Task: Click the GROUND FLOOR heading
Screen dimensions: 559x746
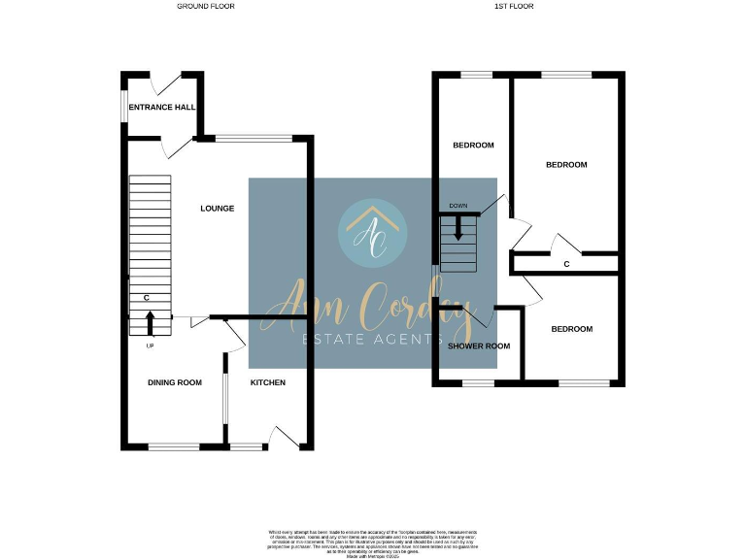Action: [x=205, y=6]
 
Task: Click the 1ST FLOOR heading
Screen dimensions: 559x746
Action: [x=514, y=6]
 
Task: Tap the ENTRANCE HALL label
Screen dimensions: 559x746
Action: [x=162, y=108]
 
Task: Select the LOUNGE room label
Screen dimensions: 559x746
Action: [x=218, y=208]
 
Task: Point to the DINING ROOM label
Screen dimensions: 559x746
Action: [x=175, y=382]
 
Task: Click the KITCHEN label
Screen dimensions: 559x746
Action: [x=268, y=382]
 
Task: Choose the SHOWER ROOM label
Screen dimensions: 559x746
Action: [x=479, y=345]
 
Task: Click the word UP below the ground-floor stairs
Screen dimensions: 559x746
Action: [x=150, y=346]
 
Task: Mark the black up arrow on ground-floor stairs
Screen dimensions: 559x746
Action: [x=150, y=323]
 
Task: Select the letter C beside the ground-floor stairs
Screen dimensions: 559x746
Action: [x=146, y=298]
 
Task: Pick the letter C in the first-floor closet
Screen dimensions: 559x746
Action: [x=565, y=263]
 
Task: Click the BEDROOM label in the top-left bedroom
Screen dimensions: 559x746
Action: [x=474, y=146]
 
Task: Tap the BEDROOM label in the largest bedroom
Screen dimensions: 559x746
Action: [x=566, y=165]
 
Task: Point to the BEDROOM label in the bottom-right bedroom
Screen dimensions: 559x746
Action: [x=571, y=329]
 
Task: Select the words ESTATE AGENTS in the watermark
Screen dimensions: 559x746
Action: [x=373, y=338]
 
